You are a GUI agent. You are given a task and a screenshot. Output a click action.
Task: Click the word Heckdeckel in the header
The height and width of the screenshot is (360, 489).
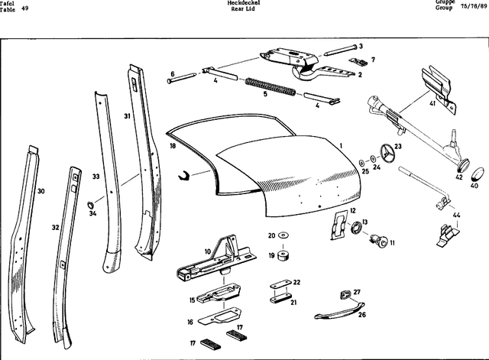point(241,3)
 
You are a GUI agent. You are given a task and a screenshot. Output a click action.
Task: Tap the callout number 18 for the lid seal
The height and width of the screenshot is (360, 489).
point(173,145)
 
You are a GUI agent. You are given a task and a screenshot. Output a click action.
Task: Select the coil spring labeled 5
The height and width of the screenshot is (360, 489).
point(269,86)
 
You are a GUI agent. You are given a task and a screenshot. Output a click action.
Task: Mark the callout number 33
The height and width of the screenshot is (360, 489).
point(96,177)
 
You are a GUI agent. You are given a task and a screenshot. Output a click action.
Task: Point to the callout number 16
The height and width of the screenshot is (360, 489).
point(189,323)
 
